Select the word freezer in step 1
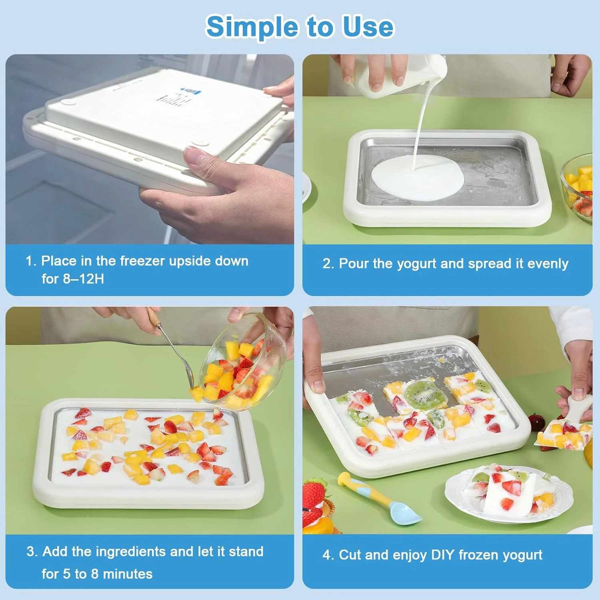[142, 261]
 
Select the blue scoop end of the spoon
[405, 513]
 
